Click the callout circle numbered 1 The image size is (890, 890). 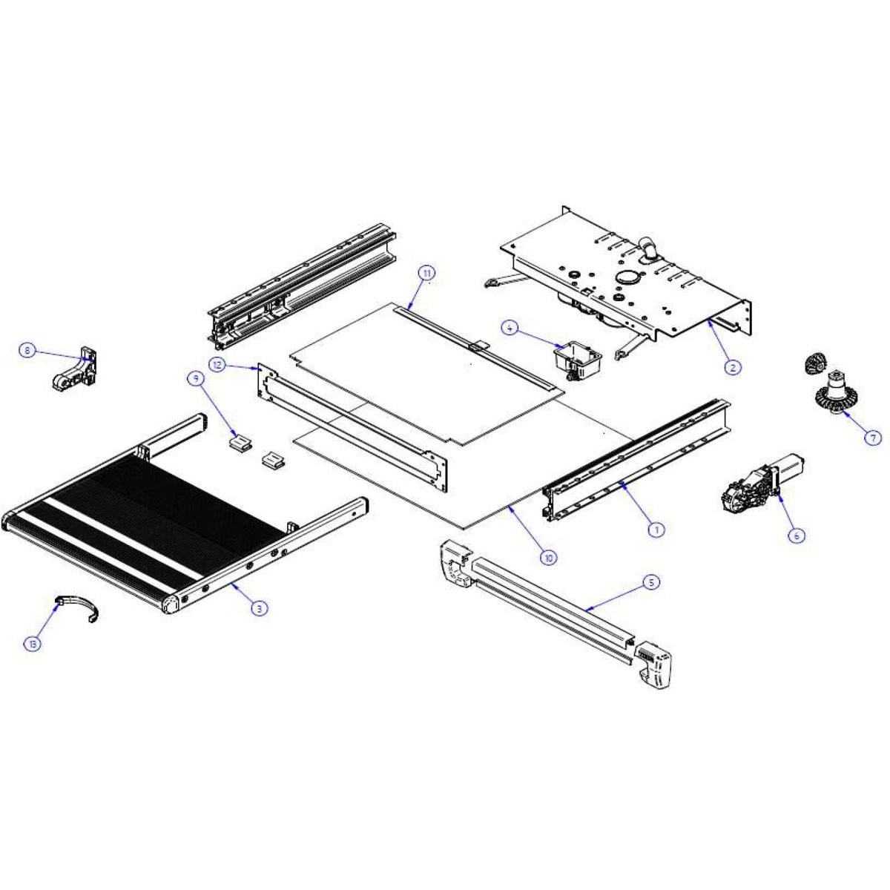pos(656,529)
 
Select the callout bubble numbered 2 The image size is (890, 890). pos(733,367)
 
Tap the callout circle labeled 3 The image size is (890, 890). pos(260,608)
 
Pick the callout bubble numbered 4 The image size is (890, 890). pos(510,329)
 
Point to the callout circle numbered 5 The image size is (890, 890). pos(652,582)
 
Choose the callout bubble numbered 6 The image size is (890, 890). pos(797,535)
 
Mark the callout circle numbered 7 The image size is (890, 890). pos(873,438)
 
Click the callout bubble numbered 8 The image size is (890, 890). pos(27,351)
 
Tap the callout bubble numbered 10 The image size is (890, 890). pos(549,558)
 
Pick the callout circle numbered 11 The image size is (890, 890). pos(426,273)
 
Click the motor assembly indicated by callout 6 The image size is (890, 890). pos(762,485)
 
